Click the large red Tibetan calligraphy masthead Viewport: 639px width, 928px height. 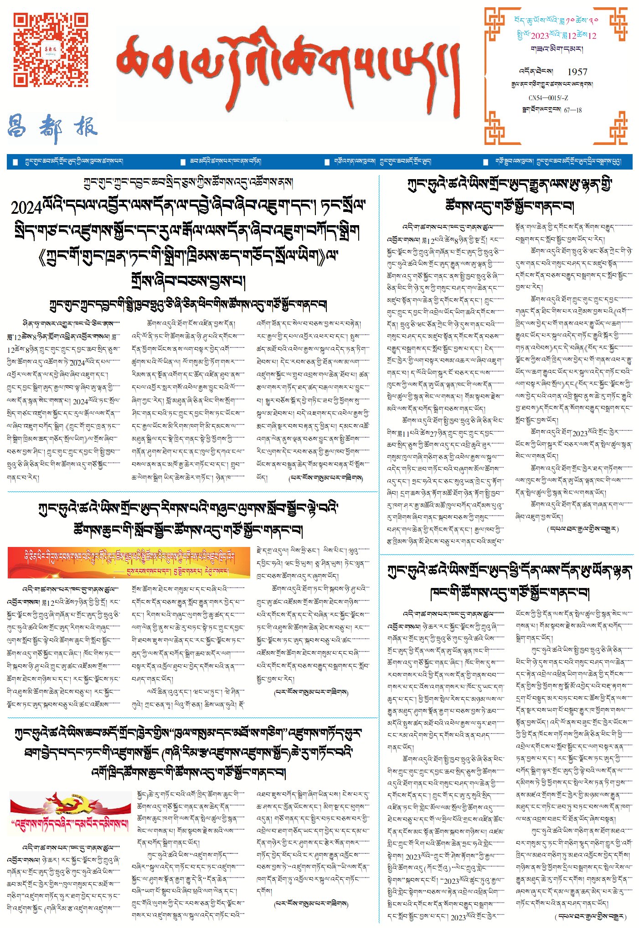[287, 68]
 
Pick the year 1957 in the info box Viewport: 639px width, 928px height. [577, 72]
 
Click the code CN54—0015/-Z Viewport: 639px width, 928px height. [548, 98]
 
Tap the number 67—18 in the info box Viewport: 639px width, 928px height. [573, 110]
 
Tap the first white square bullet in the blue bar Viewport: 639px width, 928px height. [15, 162]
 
